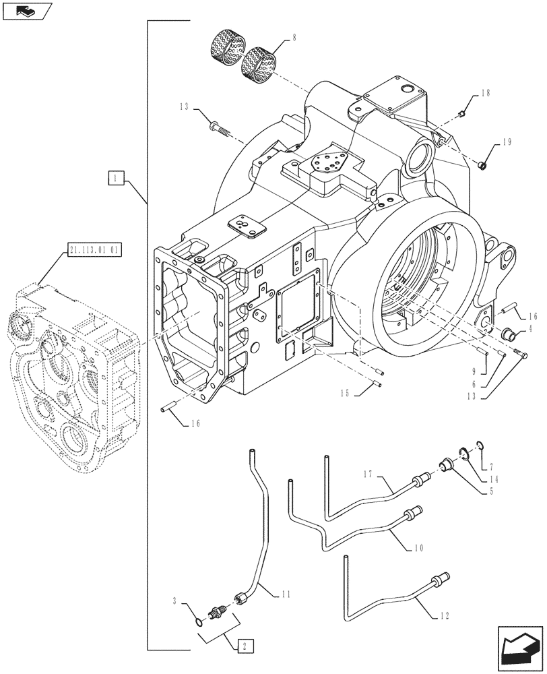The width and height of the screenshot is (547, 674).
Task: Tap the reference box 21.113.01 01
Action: click(x=94, y=252)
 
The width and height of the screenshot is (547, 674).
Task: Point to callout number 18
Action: click(x=486, y=96)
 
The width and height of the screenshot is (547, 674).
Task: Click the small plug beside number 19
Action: click(x=482, y=164)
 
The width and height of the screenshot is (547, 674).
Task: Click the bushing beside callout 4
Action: click(x=510, y=333)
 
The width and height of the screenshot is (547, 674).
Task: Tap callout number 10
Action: click(x=418, y=549)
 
